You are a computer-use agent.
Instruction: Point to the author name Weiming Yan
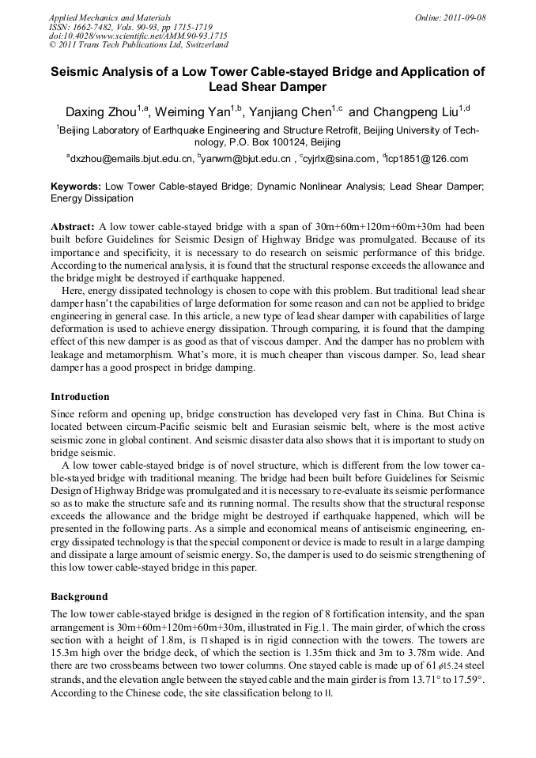pyautogui.click(x=202, y=112)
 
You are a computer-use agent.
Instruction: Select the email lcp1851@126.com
pyautogui.click(x=428, y=159)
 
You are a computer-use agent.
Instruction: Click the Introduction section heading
pyautogui.click(x=80, y=397)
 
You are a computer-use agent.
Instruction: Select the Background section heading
pyautogui.click(x=79, y=597)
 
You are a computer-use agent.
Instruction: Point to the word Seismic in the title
pyautogui.click(x=77, y=71)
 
